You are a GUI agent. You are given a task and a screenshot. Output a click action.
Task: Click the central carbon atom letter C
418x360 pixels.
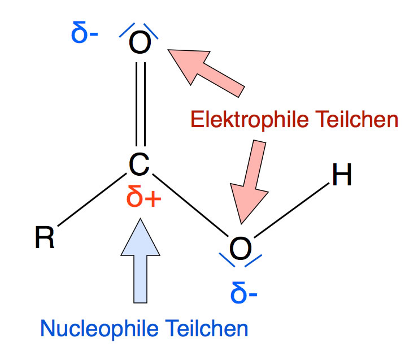tap(138, 164)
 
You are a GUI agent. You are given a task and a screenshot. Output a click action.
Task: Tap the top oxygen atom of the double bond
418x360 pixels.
tap(139, 42)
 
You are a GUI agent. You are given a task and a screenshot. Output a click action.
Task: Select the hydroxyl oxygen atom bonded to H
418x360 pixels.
tap(240, 248)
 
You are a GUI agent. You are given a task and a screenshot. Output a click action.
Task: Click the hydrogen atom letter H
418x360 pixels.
tap(341, 176)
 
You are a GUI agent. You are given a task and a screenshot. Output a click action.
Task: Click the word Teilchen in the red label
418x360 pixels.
tap(362, 120)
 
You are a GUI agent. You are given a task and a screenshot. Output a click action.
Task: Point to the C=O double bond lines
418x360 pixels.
tap(140, 105)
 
